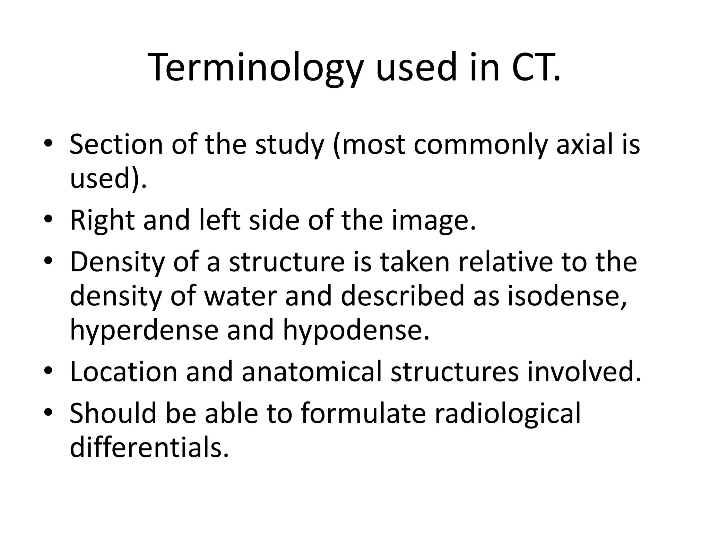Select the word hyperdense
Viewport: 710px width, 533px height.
pos(144,331)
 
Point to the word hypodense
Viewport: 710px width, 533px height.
pos(356,331)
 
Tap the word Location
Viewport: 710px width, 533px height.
pos(123,372)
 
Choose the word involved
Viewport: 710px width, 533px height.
pos(584,372)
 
